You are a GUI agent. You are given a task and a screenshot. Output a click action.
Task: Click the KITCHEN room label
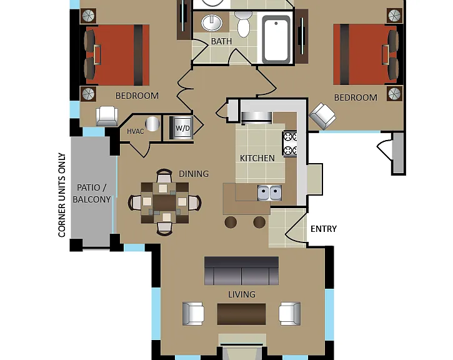tap(257, 158)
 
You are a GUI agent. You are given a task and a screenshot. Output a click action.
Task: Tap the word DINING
tap(194, 174)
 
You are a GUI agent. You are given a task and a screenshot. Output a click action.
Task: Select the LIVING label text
tap(242, 294)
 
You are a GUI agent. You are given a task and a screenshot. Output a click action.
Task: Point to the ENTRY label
tap(324, 229)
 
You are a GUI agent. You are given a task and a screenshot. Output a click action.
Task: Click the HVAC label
tap(135, 131)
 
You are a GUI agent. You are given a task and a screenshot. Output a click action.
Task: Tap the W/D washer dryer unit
tap(181, 127)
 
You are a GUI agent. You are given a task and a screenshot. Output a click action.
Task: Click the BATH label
tap(221, 41)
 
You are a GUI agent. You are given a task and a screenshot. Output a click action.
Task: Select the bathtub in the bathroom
tap(276, 39)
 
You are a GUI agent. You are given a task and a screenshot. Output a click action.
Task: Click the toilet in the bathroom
tap(243, 24)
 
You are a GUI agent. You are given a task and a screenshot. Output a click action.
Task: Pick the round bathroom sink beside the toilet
tap(212, 22)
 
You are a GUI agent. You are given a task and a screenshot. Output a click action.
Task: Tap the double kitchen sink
tap(269, 192)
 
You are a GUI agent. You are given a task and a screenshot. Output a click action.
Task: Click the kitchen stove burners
tap(289, 144)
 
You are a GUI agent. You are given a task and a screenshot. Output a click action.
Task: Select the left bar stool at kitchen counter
tap(231, 222)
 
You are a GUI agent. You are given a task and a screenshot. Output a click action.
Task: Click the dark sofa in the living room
tap(242, 271)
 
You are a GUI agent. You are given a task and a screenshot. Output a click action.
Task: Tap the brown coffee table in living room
tap(242, 314)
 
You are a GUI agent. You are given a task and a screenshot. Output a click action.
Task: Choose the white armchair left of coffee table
tap(193, 314)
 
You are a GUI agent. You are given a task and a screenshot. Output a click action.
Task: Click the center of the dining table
tap(164, 203)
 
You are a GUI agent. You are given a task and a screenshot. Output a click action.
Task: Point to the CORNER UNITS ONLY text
tap(62, 195)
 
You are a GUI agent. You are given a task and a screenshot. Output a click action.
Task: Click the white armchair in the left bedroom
tap(107, 116)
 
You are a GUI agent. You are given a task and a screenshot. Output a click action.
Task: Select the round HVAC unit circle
tap(152, 124)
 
